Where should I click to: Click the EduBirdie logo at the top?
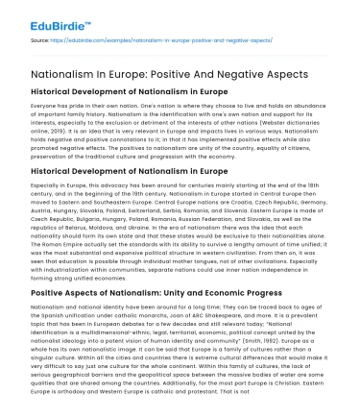coord(38,17)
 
